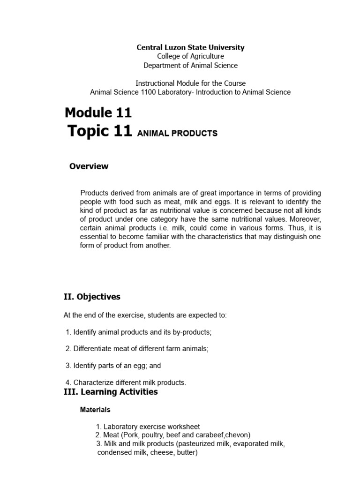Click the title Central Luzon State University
coord(190,47)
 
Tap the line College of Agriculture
coord(190,56)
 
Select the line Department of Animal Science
coord(190,65)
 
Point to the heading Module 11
coord(98,112)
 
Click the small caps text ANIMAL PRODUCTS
coord(177,134)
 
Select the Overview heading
coord(89,166)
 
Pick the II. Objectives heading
coord(92,297)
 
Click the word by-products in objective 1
coord(193,332)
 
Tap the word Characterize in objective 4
coord(93,382)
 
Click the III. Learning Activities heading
coord(111,392)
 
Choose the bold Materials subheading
coord(95,409)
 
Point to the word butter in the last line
coord(187,452)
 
